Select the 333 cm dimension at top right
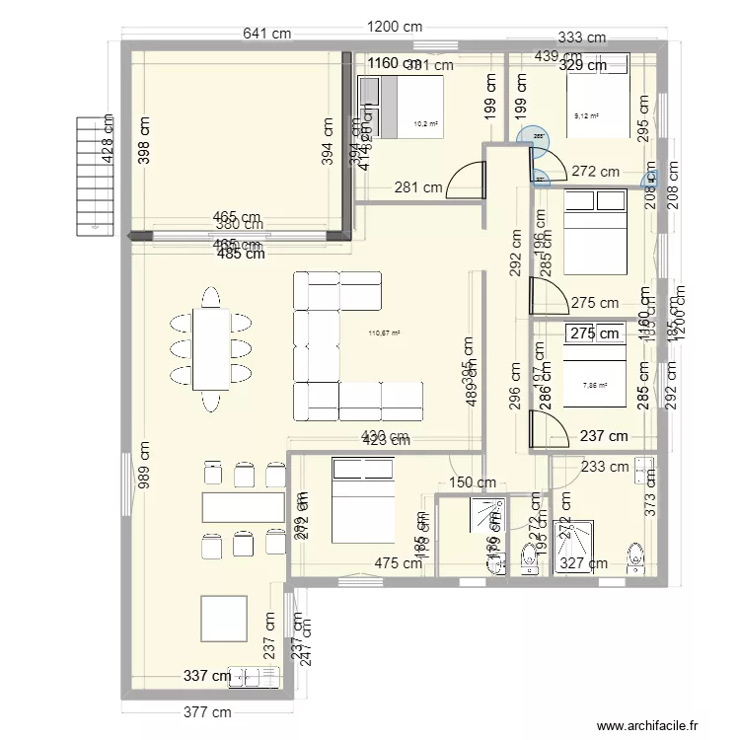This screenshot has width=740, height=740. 581,38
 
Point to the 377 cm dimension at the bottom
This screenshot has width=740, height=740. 208,712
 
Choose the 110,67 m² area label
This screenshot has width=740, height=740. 384,333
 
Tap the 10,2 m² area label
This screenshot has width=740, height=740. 425,124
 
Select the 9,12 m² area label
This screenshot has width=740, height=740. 586,115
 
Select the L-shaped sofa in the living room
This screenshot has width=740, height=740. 350,345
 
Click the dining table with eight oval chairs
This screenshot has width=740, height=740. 209,348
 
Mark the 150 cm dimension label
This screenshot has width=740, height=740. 473,482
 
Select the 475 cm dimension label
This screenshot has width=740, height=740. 399,563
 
